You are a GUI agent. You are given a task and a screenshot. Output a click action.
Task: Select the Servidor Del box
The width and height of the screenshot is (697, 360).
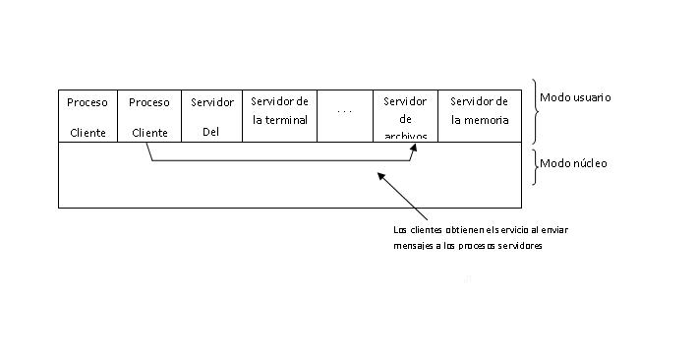pyautogui.click(x=211, y=116)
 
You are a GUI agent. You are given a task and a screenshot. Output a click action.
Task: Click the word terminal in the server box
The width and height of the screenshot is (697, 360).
pyautogui.click(x=287, y=120)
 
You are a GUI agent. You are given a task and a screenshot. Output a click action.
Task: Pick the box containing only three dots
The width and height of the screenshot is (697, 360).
pyautogui.click(x=344, y=116)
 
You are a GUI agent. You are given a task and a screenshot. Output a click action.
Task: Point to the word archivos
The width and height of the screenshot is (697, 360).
pyautogui.click(x=405, y=137)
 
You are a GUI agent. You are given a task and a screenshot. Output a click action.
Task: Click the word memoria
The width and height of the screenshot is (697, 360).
pyautogui.click(x=489, y=120)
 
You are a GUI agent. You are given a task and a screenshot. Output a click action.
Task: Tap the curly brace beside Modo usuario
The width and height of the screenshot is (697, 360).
pyautogui.click(x=535, y=111)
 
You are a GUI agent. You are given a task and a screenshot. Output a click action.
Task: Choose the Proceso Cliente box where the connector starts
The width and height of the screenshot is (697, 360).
pyautogui.click(x=148, y=116)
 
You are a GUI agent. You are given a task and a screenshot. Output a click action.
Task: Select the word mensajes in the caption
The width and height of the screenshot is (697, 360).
pyautogui.click(x=411, y=246)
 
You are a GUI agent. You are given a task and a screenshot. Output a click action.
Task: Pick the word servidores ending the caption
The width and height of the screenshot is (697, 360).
pyautogui.click(x=521, y=246)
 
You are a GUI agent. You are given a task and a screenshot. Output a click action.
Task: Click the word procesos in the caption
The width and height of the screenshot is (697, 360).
pyautogui.click(x=476, y=246)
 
